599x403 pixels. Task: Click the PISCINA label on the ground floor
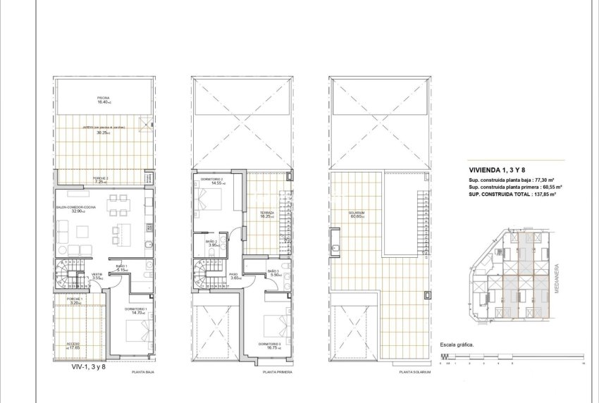[104, 98]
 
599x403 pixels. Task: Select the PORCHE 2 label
[101, 178]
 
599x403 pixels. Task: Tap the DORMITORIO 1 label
[135, 309]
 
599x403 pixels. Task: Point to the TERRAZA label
[266, 213]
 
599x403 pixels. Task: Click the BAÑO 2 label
[211, 242]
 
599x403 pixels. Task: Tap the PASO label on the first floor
[234, 275]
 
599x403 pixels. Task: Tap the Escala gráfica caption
[457, 345]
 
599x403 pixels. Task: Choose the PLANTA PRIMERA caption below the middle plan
[278, 371]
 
